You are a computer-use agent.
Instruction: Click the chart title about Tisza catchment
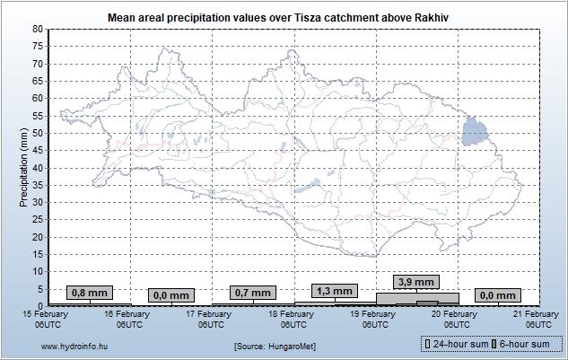click(x=284, y=17)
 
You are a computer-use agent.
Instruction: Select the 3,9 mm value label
click(x=416, y=282)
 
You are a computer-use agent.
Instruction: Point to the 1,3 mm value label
click(x=334, y=291)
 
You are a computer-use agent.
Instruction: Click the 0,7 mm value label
click(x=251, y=293)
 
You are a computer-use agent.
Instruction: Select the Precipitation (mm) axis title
click(x=23, y=167)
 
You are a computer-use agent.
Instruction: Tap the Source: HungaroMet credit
click(x=275, y=346)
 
